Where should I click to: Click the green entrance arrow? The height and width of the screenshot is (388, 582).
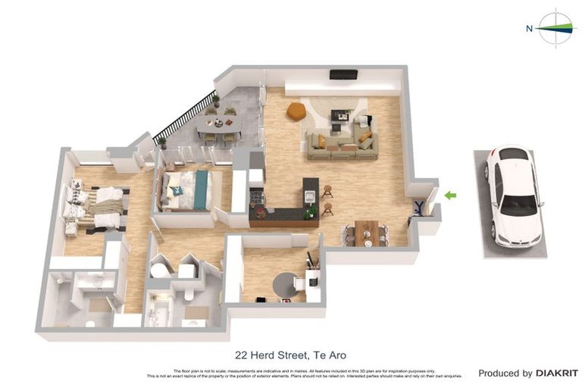[450, 196]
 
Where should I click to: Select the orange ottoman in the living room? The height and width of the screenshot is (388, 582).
[296, 111]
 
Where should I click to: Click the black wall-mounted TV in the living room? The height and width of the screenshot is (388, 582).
[343, 74]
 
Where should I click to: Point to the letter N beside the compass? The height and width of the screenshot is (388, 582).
[529, 29]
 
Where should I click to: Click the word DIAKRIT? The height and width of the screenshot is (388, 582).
[557, 373]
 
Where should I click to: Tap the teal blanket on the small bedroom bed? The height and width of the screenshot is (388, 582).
[201, 189]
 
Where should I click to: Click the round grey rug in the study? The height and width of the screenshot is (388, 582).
[287, 285]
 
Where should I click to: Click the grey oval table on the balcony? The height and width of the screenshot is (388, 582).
[221, 124]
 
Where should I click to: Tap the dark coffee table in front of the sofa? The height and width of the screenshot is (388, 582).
[340, 117]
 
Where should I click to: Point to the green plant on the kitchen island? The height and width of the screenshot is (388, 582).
[309, 213]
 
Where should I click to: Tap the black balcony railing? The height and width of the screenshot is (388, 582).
[183, 117]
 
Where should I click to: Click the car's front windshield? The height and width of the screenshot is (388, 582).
[518, 204]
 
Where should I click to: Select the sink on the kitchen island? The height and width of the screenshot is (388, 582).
[309, 196]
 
